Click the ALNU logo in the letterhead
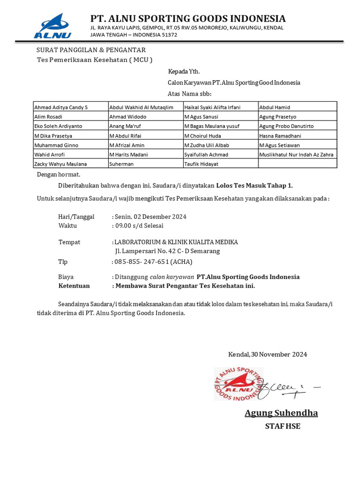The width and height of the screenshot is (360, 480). [x=52, y=26]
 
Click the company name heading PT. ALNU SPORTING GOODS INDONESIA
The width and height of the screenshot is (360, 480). [x=187, y=18]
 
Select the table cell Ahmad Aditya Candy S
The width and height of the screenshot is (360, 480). [x=61, y=107]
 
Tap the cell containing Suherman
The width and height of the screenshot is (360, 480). [x=121, y=164]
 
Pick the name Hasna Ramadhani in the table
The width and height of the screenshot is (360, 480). [x=280, y=136]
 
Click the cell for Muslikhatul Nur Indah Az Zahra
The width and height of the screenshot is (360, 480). [x=297, y=155]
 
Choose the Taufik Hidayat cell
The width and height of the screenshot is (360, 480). [x=201, y=164]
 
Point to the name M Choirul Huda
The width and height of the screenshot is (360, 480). [x=203, y=136]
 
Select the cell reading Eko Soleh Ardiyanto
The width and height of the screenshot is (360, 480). [x=58, y=126]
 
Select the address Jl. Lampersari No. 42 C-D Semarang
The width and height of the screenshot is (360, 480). [x=167, y=251]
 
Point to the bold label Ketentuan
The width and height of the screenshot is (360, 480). [x=74, y=285]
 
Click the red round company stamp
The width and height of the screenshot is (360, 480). [x=238, y=384]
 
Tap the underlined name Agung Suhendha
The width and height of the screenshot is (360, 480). [x=281, y=413]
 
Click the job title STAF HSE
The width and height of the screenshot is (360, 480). [x=282, y=426]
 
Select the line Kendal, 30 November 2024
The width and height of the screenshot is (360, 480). [x=267, y=354]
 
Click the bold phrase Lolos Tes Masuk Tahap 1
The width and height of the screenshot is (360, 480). [x=257, y=186]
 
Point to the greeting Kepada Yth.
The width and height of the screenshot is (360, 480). [x=184, y=72]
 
